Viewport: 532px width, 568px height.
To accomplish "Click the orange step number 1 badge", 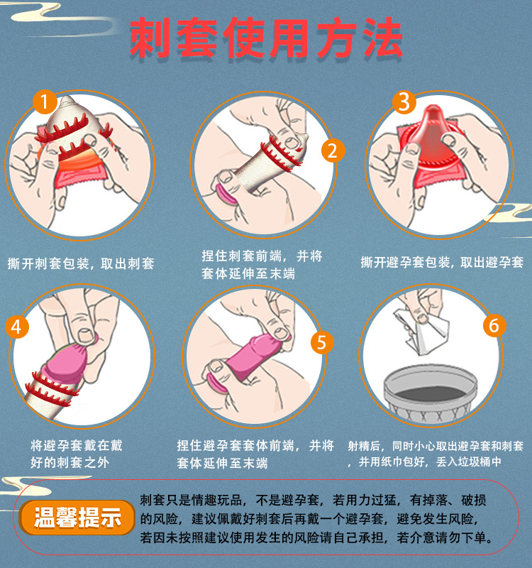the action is [x=45, y=102].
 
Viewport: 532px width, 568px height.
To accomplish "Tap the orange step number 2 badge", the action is [x=333, y=151].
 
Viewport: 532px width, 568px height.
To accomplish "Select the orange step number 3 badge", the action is [x=404, y=102].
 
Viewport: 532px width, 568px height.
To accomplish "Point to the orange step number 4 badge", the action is [x=16, y=327].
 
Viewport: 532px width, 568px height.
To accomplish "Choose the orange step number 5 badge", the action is [x=322, y=343].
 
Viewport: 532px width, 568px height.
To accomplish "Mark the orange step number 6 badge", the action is [x=494, y=325].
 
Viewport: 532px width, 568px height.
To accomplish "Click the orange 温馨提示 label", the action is [x=77, y=518].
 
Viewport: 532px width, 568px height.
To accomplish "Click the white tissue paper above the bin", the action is [x=421, y=332].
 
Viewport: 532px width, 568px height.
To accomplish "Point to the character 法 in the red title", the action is [x=382, y=38].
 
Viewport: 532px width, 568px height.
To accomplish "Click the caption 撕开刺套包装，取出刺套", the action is [x=81, y=263].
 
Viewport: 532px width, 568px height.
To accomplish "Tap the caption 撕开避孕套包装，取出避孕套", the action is [x=442, y=262].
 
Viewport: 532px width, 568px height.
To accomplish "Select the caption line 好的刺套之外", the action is [x=70, y=462].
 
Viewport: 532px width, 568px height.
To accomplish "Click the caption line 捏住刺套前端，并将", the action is [x=262, y=256].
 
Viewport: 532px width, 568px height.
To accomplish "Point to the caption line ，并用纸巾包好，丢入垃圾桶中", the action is [x=423, y=462].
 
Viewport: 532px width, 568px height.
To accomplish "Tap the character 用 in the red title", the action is [x=290, y=38].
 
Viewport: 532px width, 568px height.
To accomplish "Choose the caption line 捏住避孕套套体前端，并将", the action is [x=255, y=446].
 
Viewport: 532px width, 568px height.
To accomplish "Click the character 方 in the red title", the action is [x=336, y=38].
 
